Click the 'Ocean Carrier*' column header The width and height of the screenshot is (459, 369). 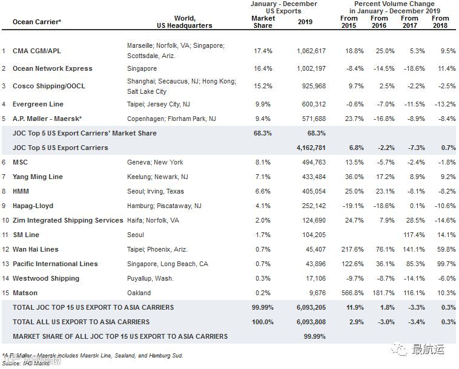coord(37,22)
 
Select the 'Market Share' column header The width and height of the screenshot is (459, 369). coord(263,22)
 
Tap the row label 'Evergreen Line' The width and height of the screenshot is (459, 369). coord(38,104)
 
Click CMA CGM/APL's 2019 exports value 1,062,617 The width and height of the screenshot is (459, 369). coord(312,51)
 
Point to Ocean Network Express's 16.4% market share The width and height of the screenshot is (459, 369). coord(263,68)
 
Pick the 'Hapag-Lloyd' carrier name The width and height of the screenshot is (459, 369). coord(34,206)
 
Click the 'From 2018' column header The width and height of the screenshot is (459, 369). coord(440,22)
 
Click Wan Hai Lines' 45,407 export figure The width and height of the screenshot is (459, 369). coord(314,249)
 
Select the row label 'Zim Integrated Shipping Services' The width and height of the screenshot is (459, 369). coord(68,220)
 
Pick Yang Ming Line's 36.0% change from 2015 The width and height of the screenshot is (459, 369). coord(349,177)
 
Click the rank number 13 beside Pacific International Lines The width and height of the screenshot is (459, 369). coord(5,264)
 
